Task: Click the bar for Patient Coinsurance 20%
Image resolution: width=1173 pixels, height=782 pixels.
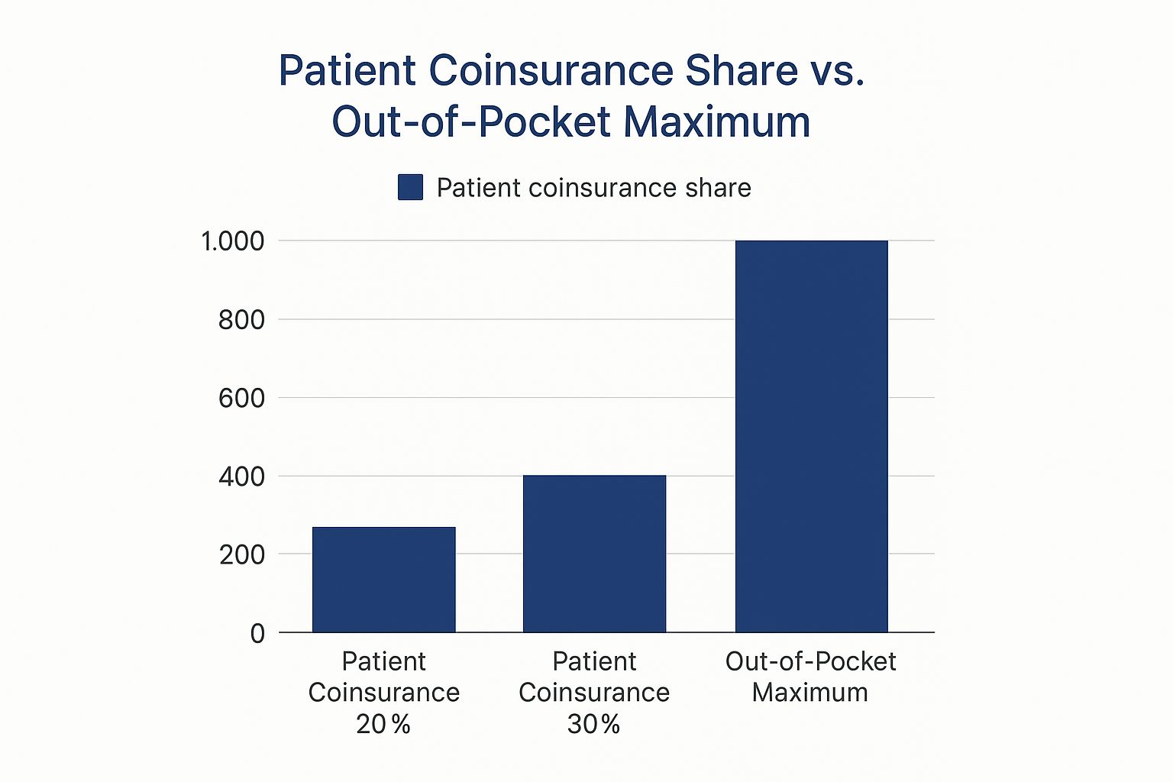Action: pos(383,580)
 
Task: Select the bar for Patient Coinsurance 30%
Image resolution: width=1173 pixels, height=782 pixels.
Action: pos(594,554)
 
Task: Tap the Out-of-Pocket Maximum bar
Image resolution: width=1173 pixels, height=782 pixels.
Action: pos(811,436)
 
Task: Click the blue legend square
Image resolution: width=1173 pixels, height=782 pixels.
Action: pos(410,187)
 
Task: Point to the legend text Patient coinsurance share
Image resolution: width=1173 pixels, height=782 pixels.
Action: pos(593,188)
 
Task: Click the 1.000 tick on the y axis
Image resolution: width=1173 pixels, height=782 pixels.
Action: pos(232,241)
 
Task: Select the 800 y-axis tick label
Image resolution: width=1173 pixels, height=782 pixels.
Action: pos(241,320)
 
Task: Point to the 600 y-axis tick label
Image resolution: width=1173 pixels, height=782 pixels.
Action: pos(241,398)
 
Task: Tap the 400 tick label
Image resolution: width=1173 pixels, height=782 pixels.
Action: pos(241,477)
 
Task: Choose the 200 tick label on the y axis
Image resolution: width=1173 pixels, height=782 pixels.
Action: pos(241,554)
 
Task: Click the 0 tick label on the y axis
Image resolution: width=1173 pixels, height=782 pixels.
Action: pos(257,633)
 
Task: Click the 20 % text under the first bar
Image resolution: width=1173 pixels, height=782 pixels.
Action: pos(383,724)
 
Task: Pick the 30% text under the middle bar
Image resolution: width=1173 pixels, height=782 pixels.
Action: pos(593,724)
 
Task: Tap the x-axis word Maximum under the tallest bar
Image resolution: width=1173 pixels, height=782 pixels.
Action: pos(809,693)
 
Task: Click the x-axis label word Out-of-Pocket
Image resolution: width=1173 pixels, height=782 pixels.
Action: pos(810,661)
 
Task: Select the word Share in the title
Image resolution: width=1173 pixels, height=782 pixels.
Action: pos(741,71)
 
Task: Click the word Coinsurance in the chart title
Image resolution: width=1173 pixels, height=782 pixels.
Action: pos(551,71)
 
